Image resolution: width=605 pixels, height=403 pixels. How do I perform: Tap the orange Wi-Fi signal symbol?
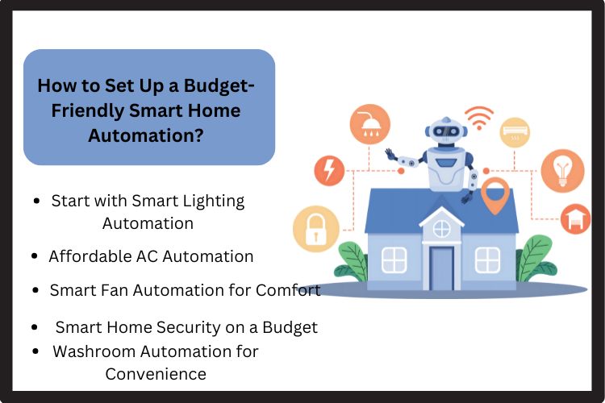(478, 117)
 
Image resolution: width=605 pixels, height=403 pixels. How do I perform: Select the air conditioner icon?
(514, 131)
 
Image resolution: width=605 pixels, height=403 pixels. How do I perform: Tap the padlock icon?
(314, 226)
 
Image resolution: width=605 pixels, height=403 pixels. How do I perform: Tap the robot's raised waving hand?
(390, 154)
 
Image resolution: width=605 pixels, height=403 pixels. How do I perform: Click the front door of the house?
(441, 265)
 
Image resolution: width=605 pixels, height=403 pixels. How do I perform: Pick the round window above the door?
(441, 228)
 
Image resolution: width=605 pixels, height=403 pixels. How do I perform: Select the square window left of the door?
(394, 260)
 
